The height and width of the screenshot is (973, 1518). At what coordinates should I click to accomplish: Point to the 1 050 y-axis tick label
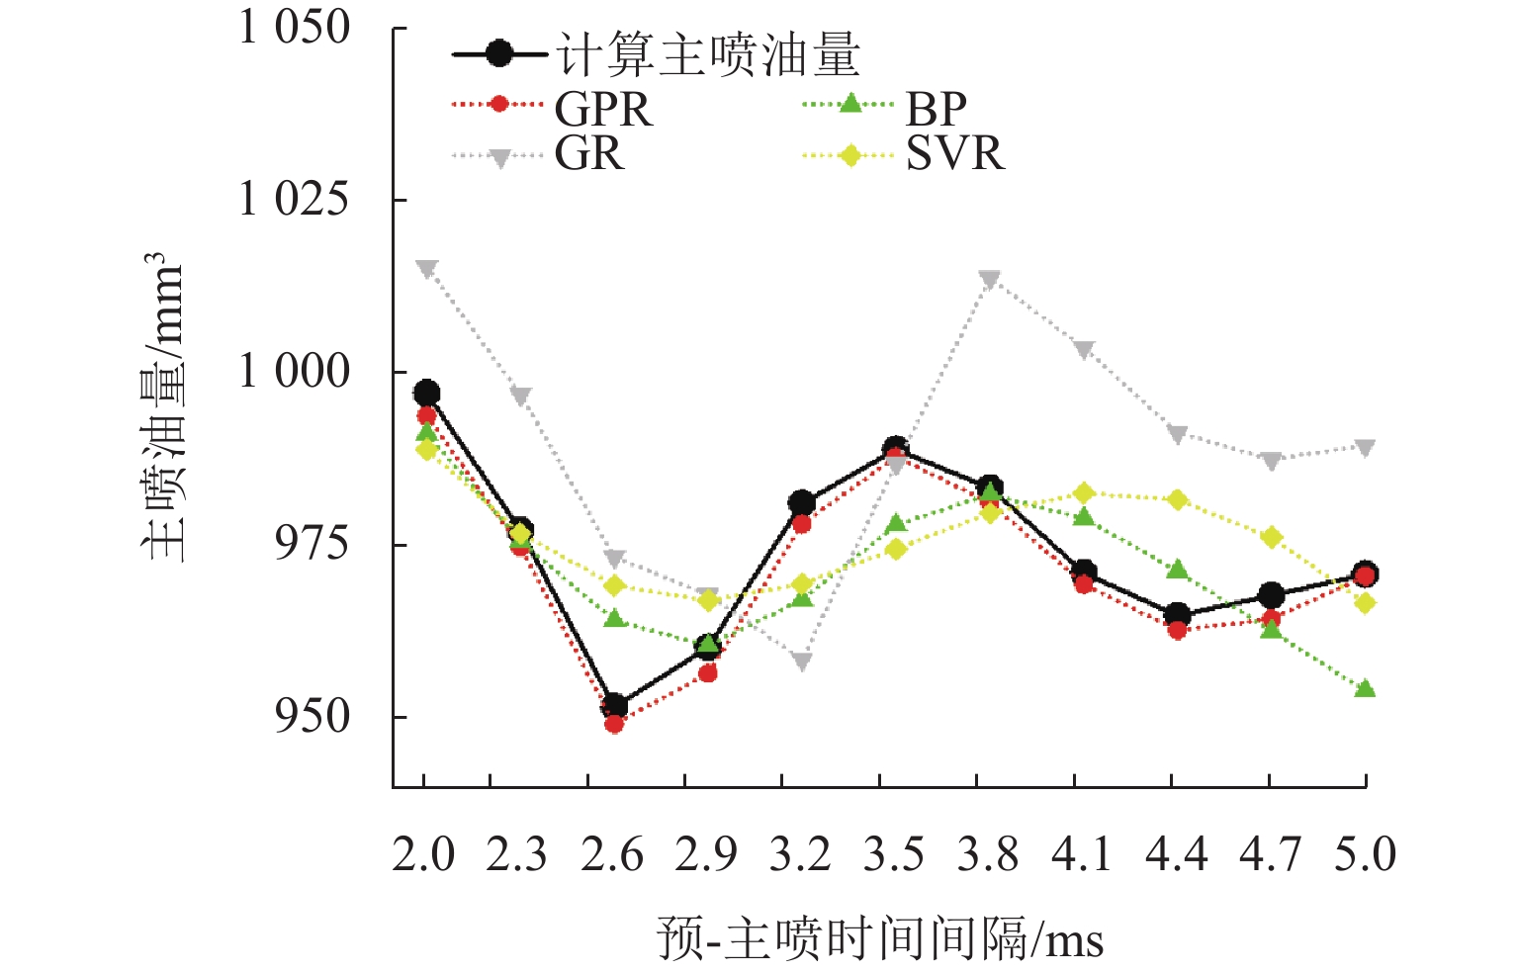point(295,28)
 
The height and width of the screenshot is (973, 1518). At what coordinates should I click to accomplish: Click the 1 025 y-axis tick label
point(295,200)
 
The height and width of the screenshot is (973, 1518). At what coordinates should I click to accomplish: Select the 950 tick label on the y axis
point(312,717)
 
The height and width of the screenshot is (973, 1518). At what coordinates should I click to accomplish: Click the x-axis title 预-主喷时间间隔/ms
point(879,938)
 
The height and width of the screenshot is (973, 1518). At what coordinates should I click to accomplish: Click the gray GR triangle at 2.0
point(426,269)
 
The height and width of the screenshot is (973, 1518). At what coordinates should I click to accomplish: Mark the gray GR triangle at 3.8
point(990,280)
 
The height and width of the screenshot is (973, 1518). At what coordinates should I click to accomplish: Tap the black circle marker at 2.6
point(614,706)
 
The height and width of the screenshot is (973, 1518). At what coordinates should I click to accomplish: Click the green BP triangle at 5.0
point(1365,688)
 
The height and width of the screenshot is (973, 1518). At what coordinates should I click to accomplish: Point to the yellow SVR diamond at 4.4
point(1177,500)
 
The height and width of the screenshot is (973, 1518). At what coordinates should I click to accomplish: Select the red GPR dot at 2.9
point(707,673)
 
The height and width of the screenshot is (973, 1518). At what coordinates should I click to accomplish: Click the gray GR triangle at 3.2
point(801,662)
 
